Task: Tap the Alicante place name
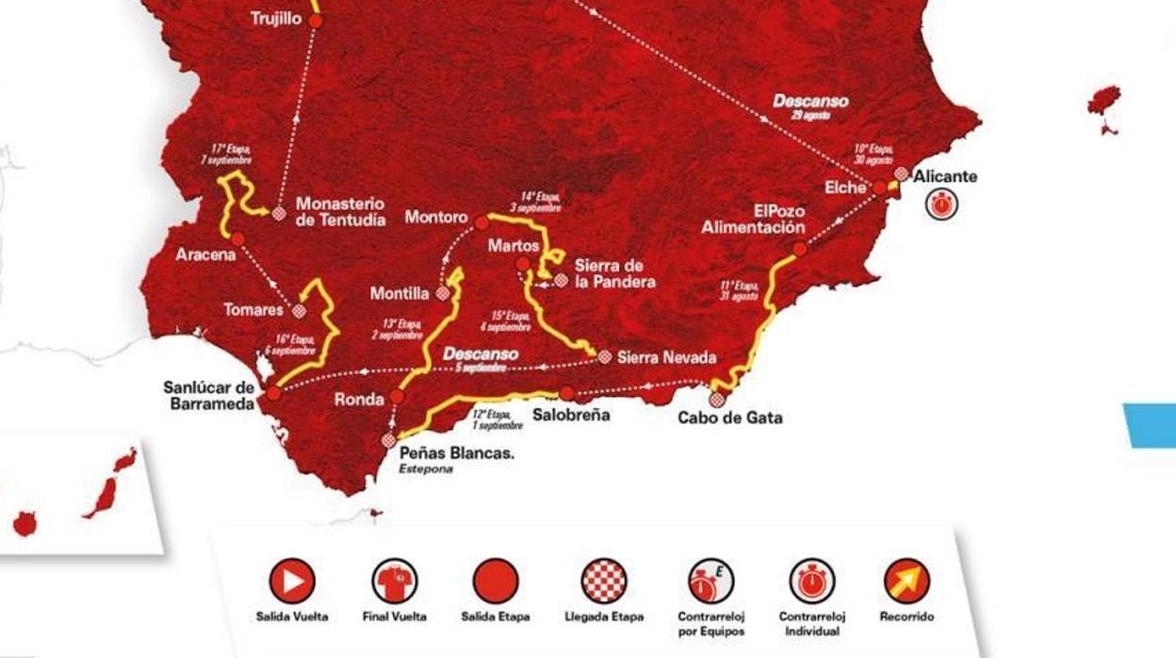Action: [945, 176]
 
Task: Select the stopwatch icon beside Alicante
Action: [941, 204]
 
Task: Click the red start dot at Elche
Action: [879, 188]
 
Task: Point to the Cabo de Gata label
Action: [730, 418]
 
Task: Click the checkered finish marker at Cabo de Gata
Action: [717, 400]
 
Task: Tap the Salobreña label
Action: [570, 414]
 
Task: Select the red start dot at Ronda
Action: [397, 397]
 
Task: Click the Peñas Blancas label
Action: [457, 453]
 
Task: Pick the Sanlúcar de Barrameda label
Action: [209, 395]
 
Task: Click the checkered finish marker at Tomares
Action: [300, 310]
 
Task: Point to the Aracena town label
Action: [204, 255]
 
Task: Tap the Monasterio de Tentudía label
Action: [340, 211]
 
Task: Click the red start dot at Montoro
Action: [482, 222]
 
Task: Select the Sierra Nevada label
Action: [666, 357]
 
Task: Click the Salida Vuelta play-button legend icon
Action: [292, 581]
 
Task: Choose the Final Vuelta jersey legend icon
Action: [394, 581]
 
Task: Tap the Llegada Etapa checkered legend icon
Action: [604, 581]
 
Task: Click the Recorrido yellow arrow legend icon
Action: [907, 581]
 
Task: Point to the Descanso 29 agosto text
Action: [810, 105]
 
